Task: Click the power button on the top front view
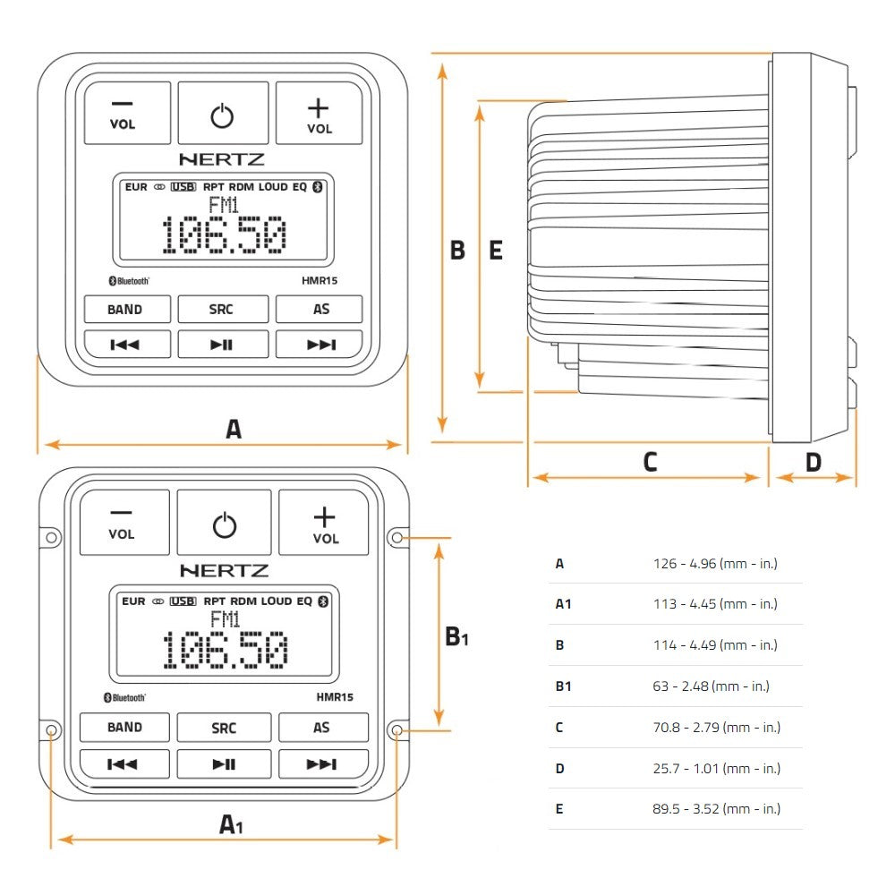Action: (222, 114)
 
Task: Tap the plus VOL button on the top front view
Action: (319, 114)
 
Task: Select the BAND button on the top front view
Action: (125, 310)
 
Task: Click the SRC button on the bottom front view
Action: (224, 728)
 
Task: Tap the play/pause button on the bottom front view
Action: (224, 763)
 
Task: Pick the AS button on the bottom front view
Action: (322, 728)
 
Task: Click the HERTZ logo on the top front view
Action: (222, 159)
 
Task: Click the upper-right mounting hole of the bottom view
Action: (397, 538)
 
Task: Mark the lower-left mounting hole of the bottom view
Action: (51, 730)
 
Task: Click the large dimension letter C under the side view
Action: (650, 462)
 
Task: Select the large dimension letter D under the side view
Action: (813, 462)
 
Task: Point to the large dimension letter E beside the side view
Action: (496, 251)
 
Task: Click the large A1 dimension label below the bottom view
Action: (231, 824)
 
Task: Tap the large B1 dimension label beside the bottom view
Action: (457, 637)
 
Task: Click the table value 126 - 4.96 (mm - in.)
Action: (715, 564)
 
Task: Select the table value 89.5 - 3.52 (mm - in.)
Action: (717, 809)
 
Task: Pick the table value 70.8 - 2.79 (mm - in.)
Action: (717, 727)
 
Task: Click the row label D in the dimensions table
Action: (559, 768)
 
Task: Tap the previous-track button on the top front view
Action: (125, 345)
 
